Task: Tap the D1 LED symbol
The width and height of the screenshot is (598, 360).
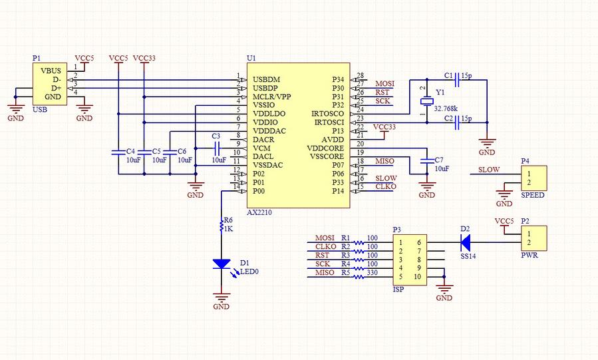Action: point(222,264)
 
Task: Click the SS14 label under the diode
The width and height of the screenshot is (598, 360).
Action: point(468,256)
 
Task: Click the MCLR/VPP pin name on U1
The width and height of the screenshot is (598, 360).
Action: point(271,96)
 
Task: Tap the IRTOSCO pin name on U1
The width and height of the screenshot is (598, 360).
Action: point(327,114)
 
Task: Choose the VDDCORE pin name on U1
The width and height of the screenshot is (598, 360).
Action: point(325,148)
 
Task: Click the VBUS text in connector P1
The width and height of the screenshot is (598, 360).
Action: point(51,71)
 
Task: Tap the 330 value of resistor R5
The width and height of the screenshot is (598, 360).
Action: point(373,273)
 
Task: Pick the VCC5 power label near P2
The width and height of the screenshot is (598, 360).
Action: point(504,220)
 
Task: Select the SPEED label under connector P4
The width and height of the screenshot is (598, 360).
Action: point(531,195)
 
